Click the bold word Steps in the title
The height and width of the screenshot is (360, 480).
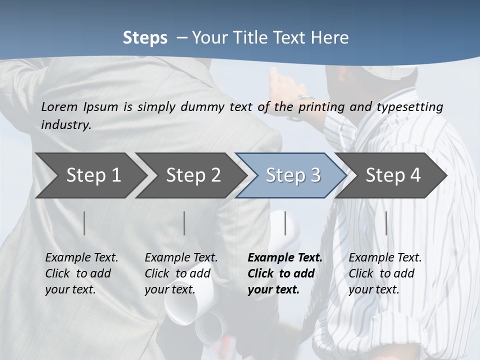(145, 38)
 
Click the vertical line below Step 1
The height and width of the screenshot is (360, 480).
(84, 223)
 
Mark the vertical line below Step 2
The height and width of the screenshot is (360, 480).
(184, 223)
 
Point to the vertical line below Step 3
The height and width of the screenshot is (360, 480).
(285, 223)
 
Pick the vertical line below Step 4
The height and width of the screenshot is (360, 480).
(386, 223)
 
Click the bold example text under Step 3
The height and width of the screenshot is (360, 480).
(284, 273)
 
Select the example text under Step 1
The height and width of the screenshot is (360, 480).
(81, 273)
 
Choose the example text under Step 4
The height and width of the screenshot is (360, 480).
(385, 273)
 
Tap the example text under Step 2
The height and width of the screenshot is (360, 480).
(181, 273)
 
